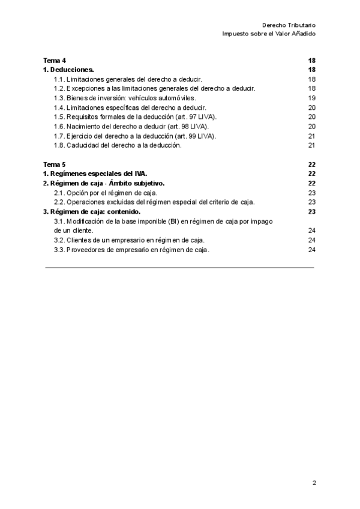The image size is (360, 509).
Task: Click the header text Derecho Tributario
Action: coord(289,25)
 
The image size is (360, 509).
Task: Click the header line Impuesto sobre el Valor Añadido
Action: coord(269,34)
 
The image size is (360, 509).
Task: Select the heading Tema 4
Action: coord(55,61)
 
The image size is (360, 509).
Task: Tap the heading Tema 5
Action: coord(55,164)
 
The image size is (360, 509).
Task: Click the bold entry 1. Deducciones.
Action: coord(68,70)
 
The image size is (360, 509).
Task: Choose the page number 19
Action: coord(311,97)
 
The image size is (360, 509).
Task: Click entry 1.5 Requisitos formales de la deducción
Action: coord(135,116)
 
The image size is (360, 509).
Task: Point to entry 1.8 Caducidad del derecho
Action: coord(117,145)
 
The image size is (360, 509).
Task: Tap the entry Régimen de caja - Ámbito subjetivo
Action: coord(104,183)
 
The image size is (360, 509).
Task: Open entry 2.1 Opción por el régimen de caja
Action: coord(106,193)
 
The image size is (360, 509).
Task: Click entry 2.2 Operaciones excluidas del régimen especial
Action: coord(154,202)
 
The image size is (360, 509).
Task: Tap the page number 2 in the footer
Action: coord(314,483)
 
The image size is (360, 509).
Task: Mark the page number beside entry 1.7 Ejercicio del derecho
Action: coord(311,136)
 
